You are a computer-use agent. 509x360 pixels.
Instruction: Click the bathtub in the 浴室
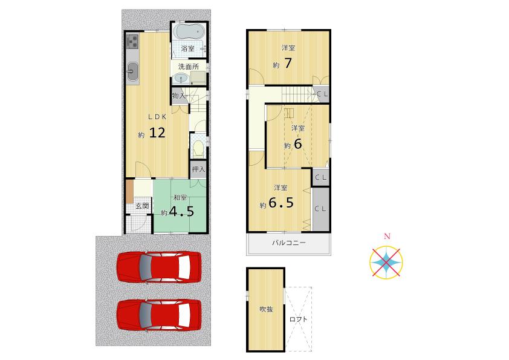pyautogui.click(x=189, y=31)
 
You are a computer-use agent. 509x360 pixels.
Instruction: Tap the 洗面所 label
pyautogui.click(x=188, y=67)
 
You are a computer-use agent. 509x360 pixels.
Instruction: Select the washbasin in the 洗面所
pyautogui.click(x=180, y=79)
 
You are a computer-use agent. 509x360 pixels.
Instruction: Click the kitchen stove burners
pyautogui.click(x=133, y=42)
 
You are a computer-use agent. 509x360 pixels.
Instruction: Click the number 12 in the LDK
pyautogui.click(x=157, y=133)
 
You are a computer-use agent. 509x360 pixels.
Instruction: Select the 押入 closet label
pyautogui.click(x=198, y=169)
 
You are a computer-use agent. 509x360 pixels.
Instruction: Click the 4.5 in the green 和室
pyautogui.click(x=181, y=212)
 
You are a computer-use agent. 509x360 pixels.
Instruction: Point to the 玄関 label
pyautogui.click(x=142, y=206)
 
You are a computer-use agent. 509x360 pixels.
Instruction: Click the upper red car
pyautogui.click(x=159, y=266)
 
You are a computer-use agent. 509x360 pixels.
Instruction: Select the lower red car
pyautogui.click(x=159, y=314)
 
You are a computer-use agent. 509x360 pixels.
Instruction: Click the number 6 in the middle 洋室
pyautogui.click(x=297, y=145)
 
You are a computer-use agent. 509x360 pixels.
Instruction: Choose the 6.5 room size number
pyautogui.click(x=281, y=203)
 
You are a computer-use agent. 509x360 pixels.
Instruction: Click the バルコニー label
pyautogui.click(x=288, y=243)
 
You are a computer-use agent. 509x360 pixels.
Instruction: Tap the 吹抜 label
pyautogui.click(x=266, y=309)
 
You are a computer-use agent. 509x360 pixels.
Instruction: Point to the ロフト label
pyautogui.click(x=298, y=319)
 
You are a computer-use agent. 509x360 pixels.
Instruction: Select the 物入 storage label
pyautogui.click(x=178, y=96)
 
